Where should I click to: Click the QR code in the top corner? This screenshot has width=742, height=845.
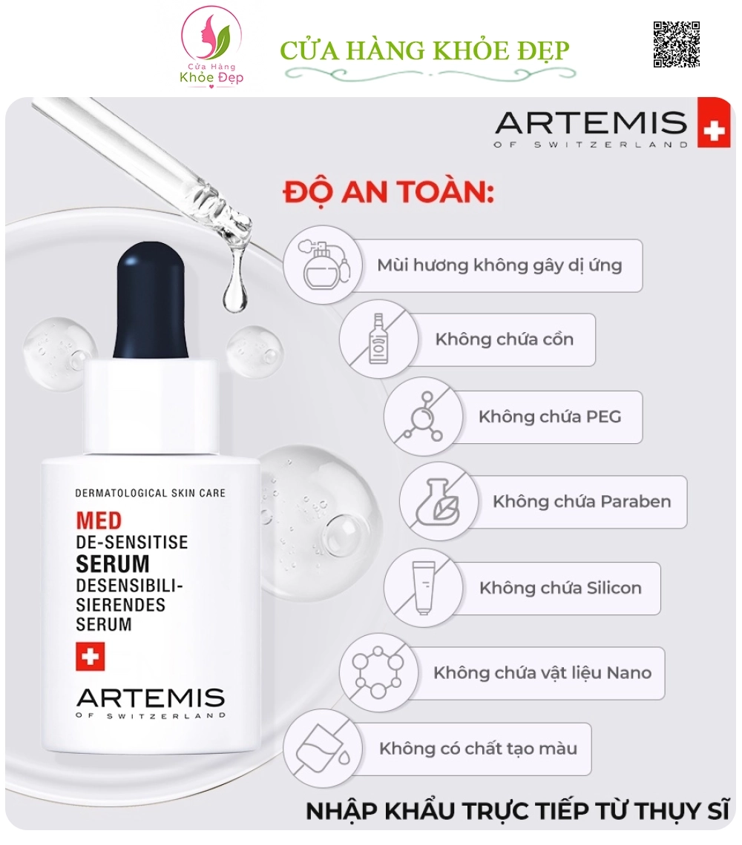tap(676, 44)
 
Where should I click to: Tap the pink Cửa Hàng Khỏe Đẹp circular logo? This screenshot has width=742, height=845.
tap(211, 47)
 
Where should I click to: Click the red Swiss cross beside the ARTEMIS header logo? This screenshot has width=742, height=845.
tap(713, 122)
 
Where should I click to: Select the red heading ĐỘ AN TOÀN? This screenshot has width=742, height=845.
tap(389, 191)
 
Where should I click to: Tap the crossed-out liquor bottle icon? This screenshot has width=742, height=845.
tap(378, 339)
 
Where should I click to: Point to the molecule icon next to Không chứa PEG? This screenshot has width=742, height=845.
tap(423, 417)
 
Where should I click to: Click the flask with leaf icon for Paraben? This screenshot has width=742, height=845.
tap(439, 501)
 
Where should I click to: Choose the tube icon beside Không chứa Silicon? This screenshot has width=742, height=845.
tap(423, 587)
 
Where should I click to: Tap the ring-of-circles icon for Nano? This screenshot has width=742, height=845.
tap(378, 672)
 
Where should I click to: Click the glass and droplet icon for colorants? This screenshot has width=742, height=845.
tap(323, 749)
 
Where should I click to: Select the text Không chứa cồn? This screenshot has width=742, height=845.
tap(505, 339)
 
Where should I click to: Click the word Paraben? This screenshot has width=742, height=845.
tap(636, 502)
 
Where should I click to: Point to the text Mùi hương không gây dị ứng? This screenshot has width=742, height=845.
tap(499, 265)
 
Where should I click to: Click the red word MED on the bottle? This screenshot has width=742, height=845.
tap(99, 520)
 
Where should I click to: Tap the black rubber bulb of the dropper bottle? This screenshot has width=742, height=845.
tap(151, 300)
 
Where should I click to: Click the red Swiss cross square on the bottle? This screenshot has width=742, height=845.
tap(90, 657)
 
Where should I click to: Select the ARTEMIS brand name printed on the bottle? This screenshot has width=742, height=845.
tap(151, 698)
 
